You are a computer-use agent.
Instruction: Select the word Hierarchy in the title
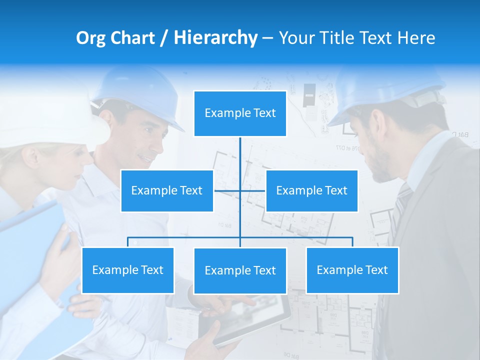pos(215,38)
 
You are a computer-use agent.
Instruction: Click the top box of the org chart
pos(240,113)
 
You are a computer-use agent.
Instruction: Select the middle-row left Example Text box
pos(167,190)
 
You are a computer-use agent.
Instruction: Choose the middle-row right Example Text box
pos(311,190)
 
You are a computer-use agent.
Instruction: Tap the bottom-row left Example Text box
pos(128,270)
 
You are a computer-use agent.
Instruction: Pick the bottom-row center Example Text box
pos(240,270)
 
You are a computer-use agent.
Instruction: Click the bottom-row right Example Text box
pos(352,270)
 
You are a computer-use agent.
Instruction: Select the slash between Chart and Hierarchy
pos(164,38)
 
